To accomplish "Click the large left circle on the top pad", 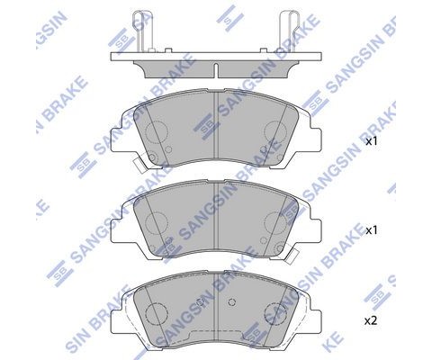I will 156,134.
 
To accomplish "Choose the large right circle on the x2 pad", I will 274,315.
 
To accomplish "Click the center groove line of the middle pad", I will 213,216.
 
